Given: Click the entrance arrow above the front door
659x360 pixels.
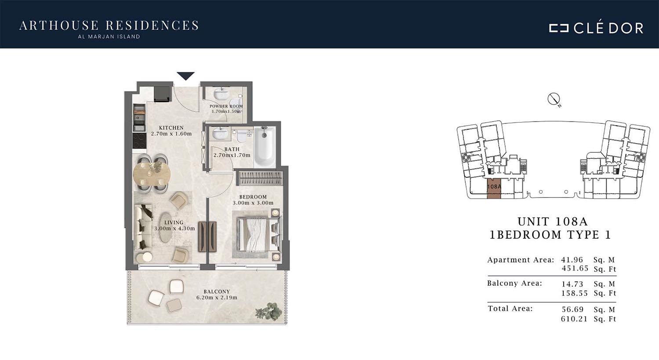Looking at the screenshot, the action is [186, 76].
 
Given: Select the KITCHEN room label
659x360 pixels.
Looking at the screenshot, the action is [171, 128].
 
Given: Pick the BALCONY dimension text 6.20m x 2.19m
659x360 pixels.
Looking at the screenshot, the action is [217, 297].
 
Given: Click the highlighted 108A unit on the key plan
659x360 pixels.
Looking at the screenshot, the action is [494, 188].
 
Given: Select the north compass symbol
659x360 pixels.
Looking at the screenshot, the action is [554, 99].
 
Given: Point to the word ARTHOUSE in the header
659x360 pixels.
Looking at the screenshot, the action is [59, 25].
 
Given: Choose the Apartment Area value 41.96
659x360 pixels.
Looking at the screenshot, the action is [572, 260].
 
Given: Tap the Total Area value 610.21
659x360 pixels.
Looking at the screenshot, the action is [574, 319].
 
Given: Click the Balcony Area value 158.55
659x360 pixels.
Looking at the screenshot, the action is [575, 293].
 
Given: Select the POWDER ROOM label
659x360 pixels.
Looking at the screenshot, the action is [226, 106].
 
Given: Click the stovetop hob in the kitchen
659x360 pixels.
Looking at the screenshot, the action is [139, 140].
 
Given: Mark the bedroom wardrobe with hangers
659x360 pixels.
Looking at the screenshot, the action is [260, 178].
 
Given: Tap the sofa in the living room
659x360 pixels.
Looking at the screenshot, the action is [144, 226].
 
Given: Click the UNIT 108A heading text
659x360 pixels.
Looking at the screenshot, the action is [553, 221].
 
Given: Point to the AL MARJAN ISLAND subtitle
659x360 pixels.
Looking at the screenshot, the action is [109, 37].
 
